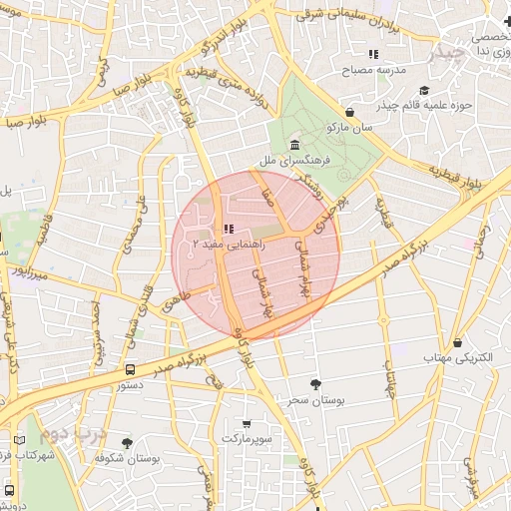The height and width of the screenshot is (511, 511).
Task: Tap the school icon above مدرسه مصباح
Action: point(372,54)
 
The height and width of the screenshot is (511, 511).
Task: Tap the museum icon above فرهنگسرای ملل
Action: point(296,146)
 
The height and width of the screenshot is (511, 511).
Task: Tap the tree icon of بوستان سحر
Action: point(316,384)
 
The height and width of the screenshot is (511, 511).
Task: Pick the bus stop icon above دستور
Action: point(130,368)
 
